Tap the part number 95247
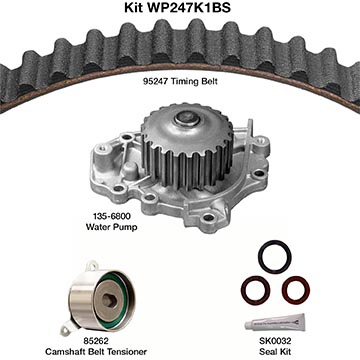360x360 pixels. pyautogui.click(x=156, y=81)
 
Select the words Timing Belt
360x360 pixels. pyautogui.click(x=195, y=82)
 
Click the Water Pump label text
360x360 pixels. pyautogui.click(x=111, y=227)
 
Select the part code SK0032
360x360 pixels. pyautogui.click(x=276, y=341)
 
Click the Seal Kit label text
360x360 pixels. pyautogui.click(x=276, y=351)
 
